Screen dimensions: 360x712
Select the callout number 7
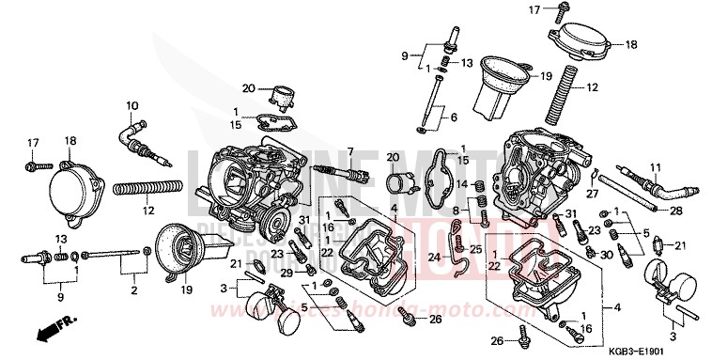349,151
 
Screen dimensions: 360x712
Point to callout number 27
592,195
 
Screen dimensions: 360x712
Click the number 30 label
608,254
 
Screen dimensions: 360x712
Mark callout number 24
434,257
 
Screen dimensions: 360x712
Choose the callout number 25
474,248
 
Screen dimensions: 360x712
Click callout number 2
132,292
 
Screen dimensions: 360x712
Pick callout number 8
457,211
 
